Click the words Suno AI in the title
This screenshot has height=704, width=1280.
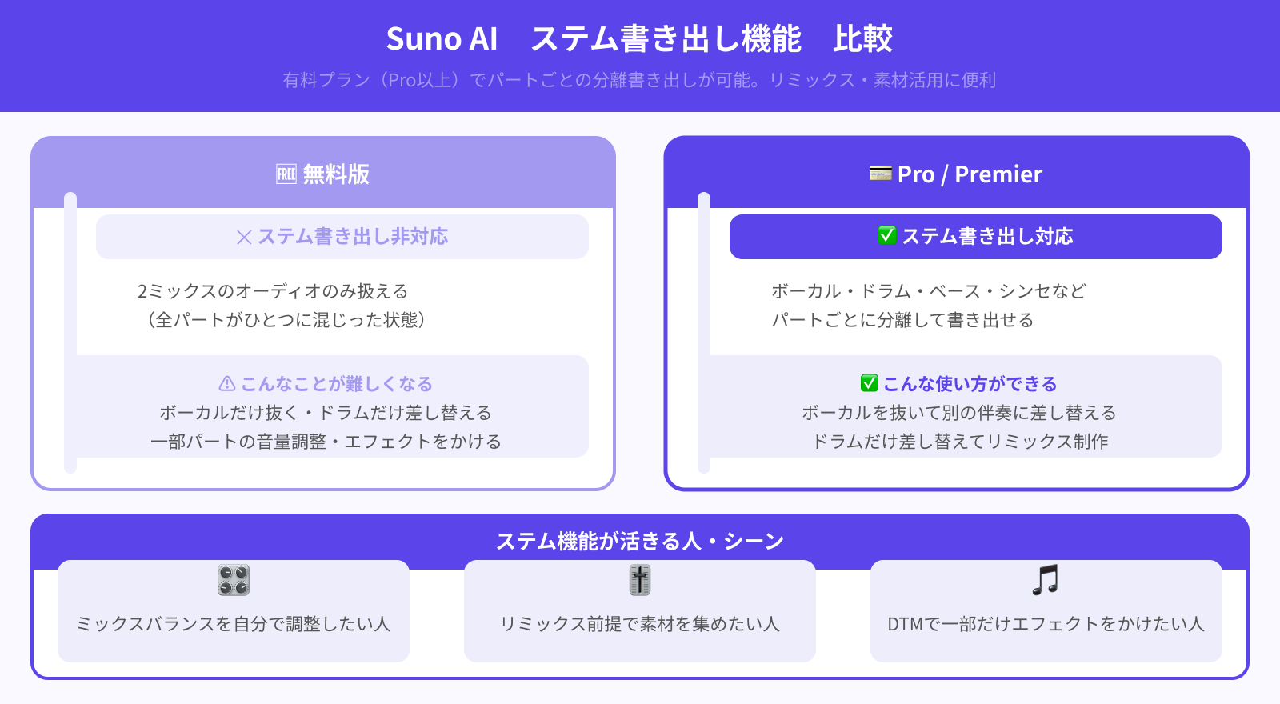(x=442, y=39)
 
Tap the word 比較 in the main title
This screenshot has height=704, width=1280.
(x=863, y=39)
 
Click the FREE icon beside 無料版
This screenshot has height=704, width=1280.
(x=286, y=174)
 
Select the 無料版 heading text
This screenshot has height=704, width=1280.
(x=336, y=174)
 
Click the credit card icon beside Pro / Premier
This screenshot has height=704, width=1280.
(x=880, y=173)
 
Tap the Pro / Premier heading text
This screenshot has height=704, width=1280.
(x=970, y=174)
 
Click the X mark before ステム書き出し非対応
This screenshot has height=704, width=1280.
(x=244, y=237)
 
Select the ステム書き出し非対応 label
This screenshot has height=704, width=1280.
(x=353, y=237)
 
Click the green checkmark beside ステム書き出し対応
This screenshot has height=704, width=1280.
(x=886, y=235)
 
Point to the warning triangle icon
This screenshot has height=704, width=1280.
(x=227, y=383)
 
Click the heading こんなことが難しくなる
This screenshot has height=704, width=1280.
(x=337, y=384)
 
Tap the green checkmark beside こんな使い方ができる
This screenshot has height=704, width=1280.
(x=869, y=383)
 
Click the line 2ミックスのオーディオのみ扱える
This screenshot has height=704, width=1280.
(x=273, y=291)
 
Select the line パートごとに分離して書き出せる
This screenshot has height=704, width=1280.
(x=902, y=320)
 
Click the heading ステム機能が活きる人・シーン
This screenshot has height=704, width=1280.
(x=639, y=541)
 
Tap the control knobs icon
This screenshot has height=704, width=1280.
(x=233, y=580)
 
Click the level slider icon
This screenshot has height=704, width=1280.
(x=639, y=580)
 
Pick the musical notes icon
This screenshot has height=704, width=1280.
(x=1046, y=580)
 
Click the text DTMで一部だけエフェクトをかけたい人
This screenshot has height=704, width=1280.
(x=1046, y=624)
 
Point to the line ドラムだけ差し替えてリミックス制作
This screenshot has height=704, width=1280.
(x=960, y=442)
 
